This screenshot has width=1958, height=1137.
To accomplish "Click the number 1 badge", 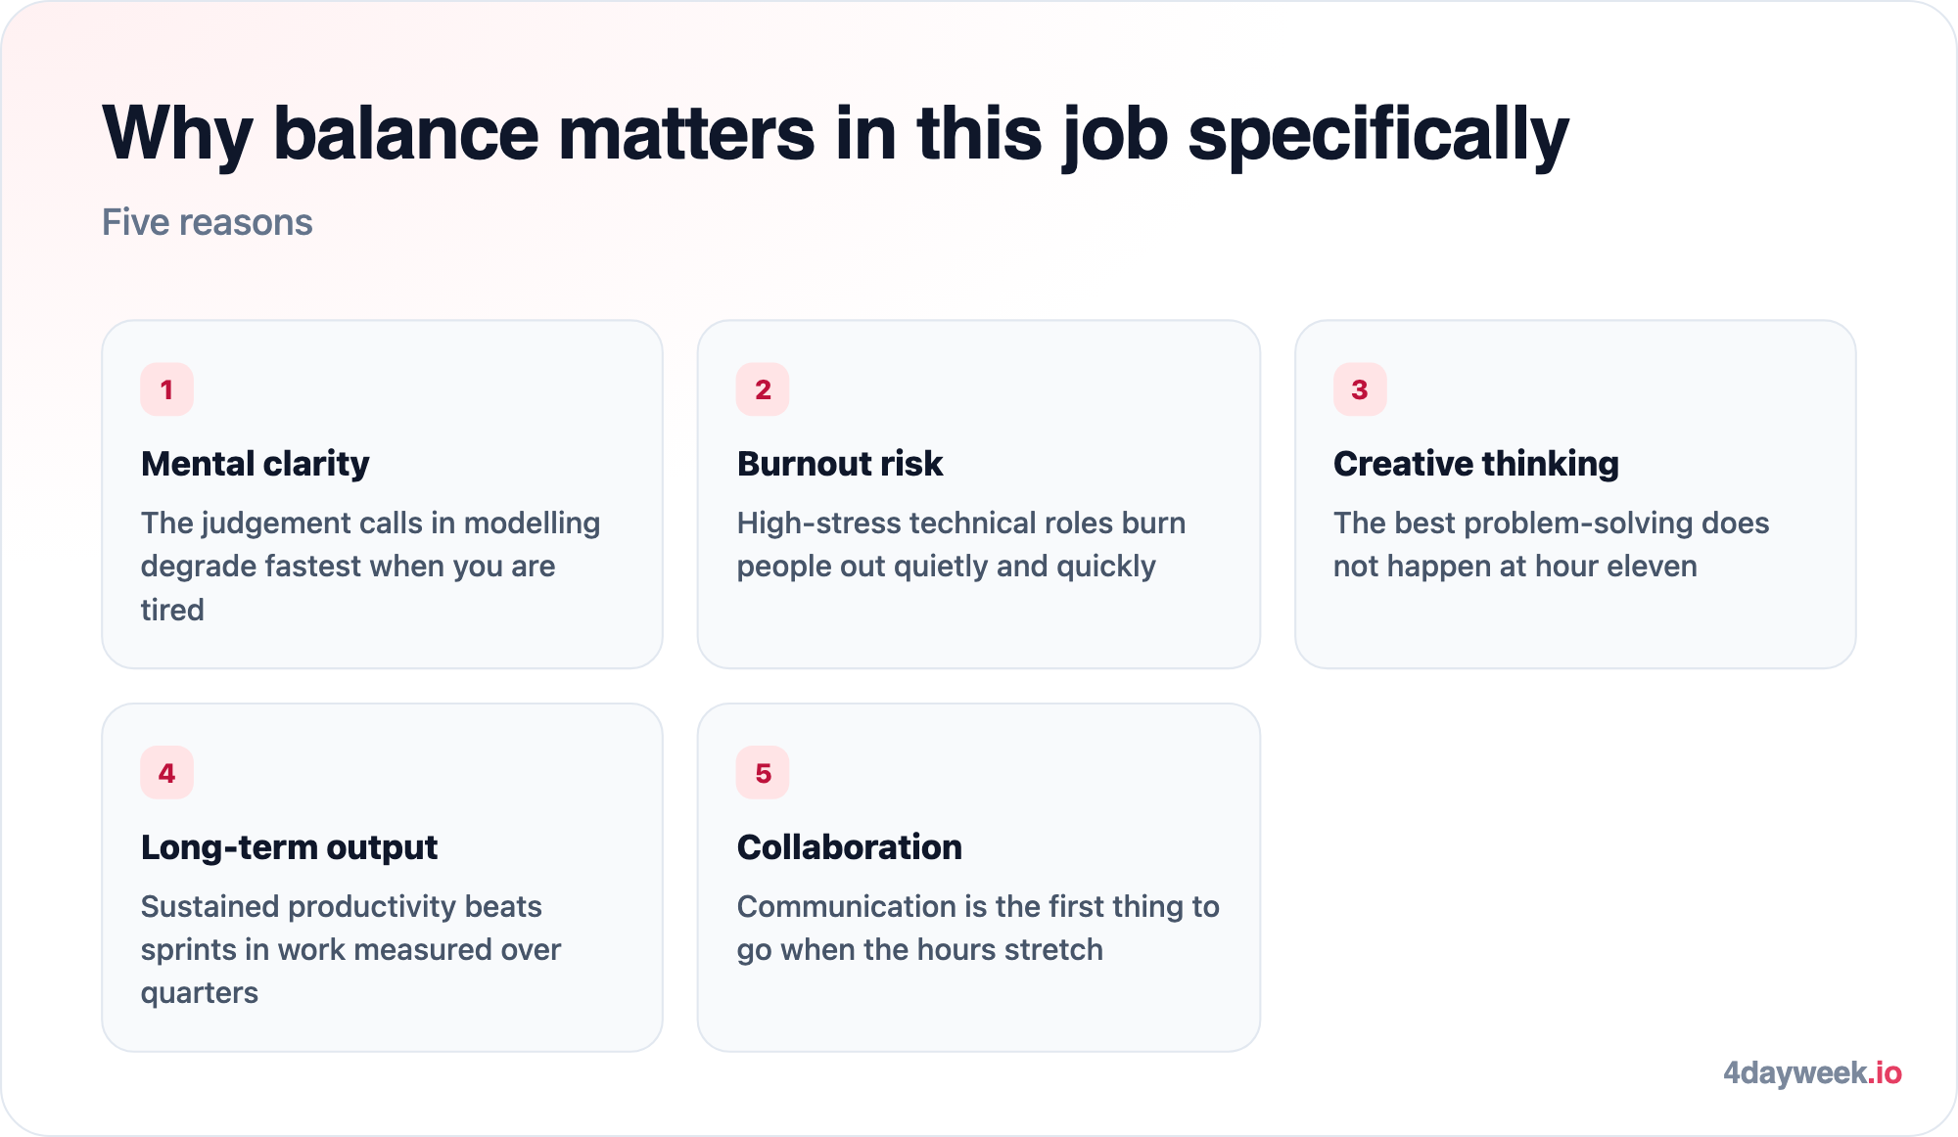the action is click(166, 389).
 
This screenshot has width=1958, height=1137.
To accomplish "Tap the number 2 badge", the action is click(763, 389).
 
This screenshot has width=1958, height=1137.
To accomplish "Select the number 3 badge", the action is click(1360, 389).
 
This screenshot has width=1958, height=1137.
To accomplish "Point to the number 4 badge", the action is click(166, 773).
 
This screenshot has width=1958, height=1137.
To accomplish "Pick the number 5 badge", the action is click(763, 773).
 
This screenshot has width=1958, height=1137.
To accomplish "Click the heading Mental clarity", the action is click(256, 464).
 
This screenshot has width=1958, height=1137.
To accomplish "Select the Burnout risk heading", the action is click(840, 464).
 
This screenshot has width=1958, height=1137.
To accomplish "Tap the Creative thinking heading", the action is click(1476, 464).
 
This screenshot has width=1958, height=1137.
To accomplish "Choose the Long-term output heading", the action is click(289, 847).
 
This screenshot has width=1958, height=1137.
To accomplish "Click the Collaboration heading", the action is click(850, 847).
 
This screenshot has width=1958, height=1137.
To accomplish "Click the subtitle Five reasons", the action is click(208, 222).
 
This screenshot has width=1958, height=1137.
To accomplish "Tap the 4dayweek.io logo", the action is click(1812, 1073).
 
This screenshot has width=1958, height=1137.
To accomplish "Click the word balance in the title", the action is click(405, 133).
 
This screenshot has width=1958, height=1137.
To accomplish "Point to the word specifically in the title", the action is click(1378, 135).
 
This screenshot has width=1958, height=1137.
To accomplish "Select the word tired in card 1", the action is click(172, 610).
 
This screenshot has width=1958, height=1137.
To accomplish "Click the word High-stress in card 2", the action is click(818, 523).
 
